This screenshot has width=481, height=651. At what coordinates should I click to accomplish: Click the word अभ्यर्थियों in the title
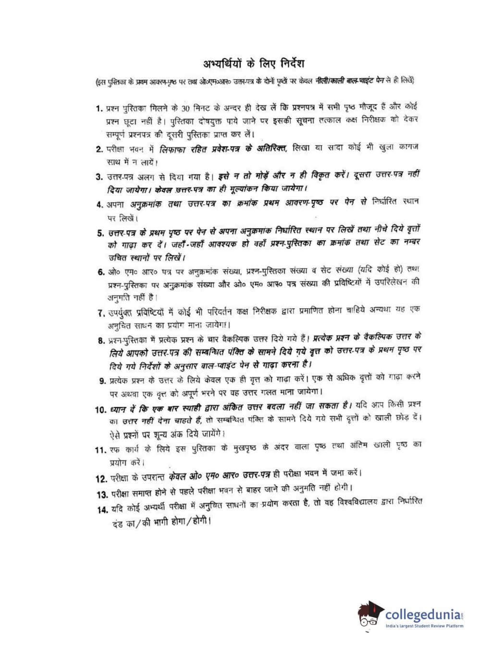click(222, 64)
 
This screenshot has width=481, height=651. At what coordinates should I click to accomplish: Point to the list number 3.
click(99, 177)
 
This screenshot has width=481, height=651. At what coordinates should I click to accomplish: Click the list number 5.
click(100, 233)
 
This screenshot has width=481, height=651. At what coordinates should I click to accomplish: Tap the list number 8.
click(101, 340)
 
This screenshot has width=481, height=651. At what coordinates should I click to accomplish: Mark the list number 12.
click(101, 478)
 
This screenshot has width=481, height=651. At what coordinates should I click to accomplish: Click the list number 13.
click(102, 494)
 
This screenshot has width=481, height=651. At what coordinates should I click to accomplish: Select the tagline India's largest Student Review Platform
click(425, 626)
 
